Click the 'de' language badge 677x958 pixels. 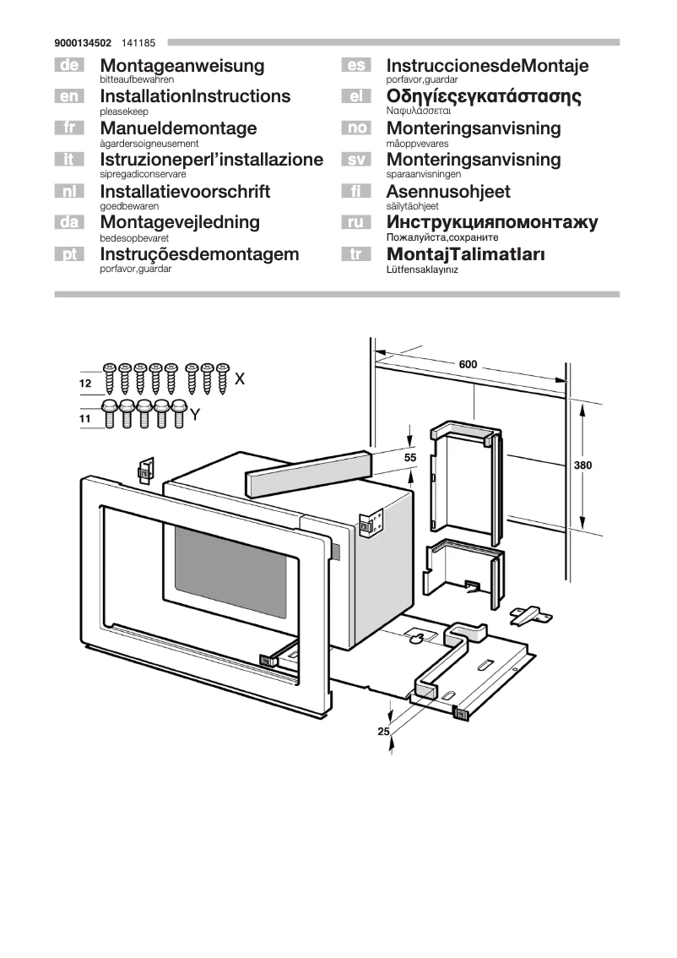[x=70, y=65]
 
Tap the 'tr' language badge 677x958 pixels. [x=356, y=254]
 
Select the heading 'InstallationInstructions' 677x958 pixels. [x=195, y=96]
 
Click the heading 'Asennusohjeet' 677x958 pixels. [x=447, y=192]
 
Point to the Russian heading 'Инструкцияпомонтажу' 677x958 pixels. [x=492, y=223]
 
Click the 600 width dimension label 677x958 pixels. [x=468, y=365]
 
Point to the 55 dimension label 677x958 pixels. [x=410, y=457]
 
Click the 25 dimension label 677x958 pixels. [x=383, y=732]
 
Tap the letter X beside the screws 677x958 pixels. [x=240, y=378]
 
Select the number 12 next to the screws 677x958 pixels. [x=84, y=384]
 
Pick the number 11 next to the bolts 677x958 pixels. [x=84, y=418]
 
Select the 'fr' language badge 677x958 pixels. [x=70, y=128]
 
